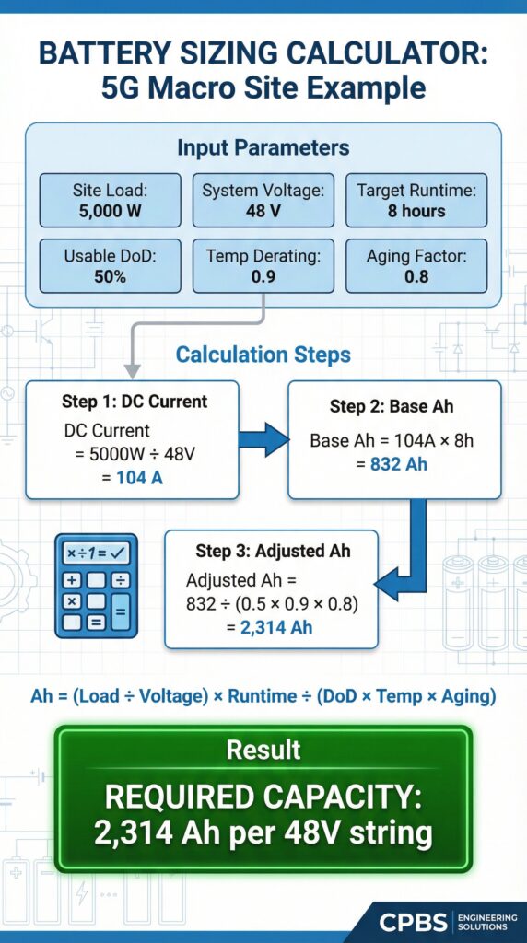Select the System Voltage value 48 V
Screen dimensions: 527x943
(263, 211)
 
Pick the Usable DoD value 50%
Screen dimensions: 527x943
(109, 276)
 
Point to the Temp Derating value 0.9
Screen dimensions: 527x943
(263, 276)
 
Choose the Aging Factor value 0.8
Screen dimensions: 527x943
(417, 276)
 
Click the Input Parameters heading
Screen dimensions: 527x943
(263, 148)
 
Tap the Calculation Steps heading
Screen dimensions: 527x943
(263, 355)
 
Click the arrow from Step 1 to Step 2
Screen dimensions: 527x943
(263, 439)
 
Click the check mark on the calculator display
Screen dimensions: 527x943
(121, 553)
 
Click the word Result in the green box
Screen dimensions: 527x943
(263, 749)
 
